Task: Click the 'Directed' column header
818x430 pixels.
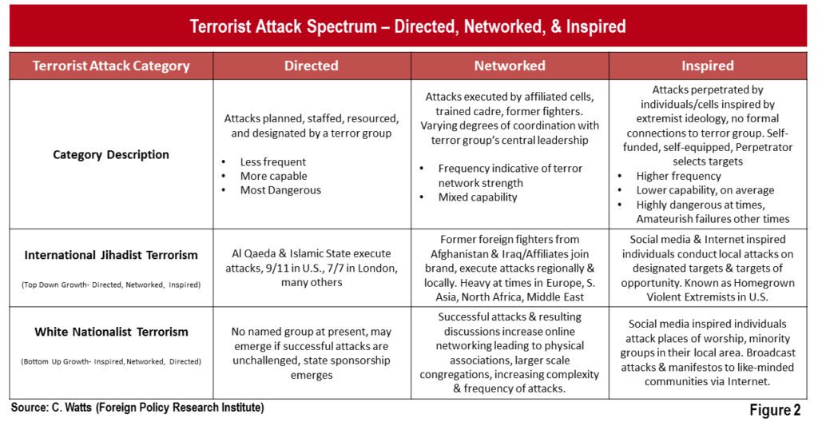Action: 312,66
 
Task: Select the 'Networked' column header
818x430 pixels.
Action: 510,66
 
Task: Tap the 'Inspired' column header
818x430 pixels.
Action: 708,66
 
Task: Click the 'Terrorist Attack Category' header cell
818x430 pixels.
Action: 111,66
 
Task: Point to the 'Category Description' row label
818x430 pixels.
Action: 111,154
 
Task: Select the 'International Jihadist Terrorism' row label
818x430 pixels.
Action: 111,255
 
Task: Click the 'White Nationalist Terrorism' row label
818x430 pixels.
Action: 111,332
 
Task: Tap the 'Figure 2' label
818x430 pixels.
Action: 775,410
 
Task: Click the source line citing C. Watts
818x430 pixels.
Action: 137,408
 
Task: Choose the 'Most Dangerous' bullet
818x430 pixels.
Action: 280,190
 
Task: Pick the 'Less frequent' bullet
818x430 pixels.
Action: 273,161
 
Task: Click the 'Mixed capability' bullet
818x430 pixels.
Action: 478,197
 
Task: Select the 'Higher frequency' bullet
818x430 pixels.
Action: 678,176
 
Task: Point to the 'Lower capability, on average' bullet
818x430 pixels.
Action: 705,190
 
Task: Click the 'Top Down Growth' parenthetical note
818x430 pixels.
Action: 111,285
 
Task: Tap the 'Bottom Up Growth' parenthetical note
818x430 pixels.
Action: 111,361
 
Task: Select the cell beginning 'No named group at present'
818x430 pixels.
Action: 312,353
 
